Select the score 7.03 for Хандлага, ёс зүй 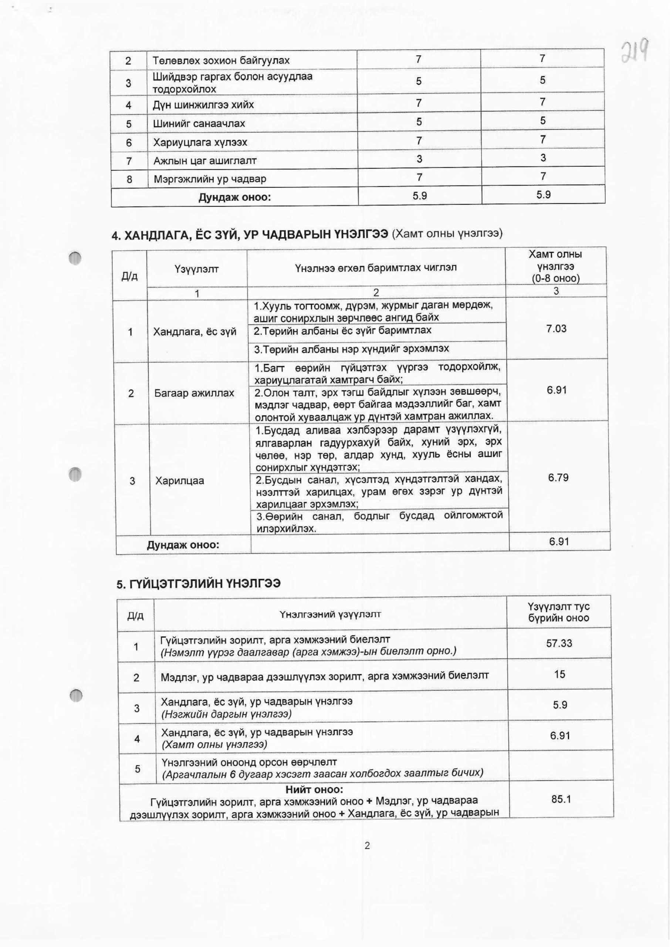click(x=556, y=329)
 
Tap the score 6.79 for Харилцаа click(x=558, y=478)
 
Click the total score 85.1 click(x=561, y=799)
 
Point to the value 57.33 click(x=559, y=643)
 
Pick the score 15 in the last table click(x=559, y=674)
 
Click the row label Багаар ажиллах click(x=194, y=393)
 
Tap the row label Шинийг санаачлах click(x=199, y=124)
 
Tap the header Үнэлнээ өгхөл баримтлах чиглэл click(x=375, y=268)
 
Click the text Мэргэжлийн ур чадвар click(x=210, y=179)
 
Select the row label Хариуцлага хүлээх click(x=200, y=142)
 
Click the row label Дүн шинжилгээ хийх click(x=203, y=105)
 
